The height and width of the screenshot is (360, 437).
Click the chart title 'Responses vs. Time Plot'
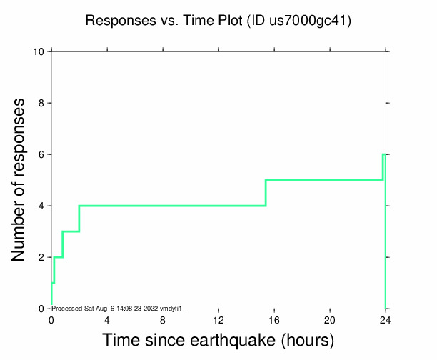coord(164,21)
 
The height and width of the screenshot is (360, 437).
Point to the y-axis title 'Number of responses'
coord(21,179)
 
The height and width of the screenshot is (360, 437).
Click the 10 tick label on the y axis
coord(39,52)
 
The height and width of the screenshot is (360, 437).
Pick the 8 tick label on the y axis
coord(42,104)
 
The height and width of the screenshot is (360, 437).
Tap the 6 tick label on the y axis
coord(42,155)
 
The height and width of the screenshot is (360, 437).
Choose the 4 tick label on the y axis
coord(42,206)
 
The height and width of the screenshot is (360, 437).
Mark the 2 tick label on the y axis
coord(42,258)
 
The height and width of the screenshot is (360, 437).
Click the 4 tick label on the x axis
coord(107,320)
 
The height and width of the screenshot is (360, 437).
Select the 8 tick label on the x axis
coord(163,320)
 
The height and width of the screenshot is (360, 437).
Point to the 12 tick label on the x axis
coord(218,320)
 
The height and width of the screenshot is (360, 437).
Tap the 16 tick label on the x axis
coord(274,320)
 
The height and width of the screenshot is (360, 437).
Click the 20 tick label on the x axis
coord(330,320)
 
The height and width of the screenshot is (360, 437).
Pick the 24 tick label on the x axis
coord(386,320)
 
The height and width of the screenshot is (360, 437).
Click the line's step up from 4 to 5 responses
coord(266,193)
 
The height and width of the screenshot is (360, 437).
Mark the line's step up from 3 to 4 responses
coord(79,219)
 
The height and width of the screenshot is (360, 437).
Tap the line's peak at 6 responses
coord(384,154)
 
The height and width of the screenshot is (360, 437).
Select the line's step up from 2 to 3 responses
coord(63,244)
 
